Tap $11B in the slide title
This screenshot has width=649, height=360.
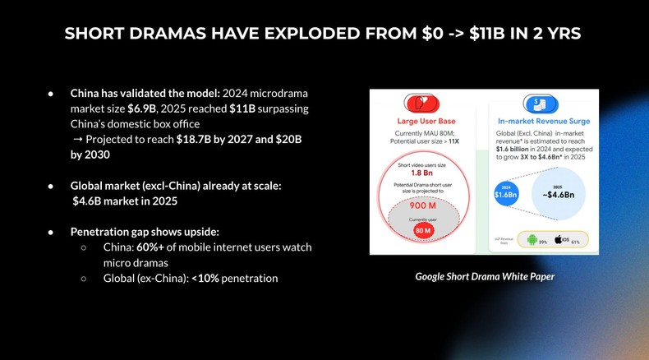485,34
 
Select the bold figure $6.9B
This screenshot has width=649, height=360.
142,108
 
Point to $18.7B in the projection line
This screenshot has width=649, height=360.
193,140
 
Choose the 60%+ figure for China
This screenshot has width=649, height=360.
153,247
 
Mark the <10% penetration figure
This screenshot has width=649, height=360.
205,279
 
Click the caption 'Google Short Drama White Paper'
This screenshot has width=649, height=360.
484,276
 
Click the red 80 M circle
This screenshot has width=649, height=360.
422,231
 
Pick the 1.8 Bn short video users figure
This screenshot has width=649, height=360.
421,173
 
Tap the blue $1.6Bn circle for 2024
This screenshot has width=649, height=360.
504,195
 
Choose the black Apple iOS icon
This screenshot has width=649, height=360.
559,239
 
